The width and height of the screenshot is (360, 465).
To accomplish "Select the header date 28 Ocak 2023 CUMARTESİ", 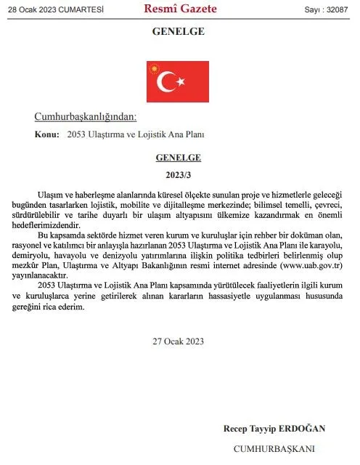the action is pos(55,9).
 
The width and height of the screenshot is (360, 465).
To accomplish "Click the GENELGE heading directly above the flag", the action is pos(178,31).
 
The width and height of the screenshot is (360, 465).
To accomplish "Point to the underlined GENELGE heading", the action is pos(178,157).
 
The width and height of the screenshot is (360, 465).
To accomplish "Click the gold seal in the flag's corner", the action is pos(153,68).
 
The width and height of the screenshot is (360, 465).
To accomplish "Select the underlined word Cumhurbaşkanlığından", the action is pos(85,117).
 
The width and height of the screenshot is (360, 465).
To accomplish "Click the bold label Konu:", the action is pos(46,134).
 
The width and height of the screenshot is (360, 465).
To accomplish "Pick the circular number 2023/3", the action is pos(178,174).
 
